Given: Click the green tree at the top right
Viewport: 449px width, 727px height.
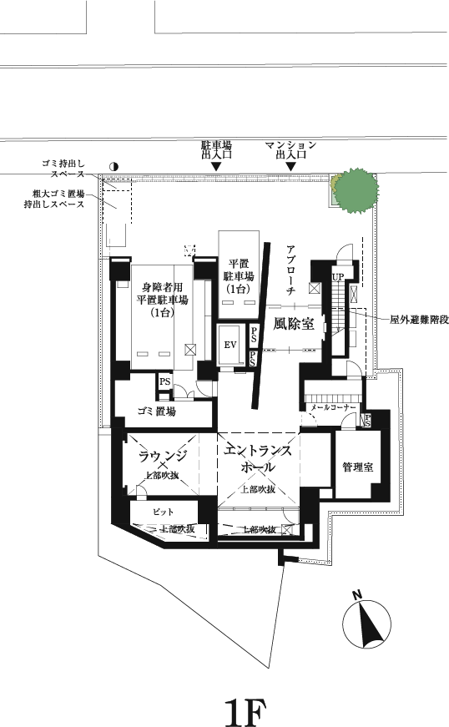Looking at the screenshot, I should point(356,190).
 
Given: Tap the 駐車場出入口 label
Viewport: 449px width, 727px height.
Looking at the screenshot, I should point(216,149).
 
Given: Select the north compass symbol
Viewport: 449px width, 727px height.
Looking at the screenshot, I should point(366,620).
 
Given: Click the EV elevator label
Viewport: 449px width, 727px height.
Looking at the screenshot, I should point(230,345).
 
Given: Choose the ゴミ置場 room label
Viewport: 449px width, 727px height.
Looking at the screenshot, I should point(156,411).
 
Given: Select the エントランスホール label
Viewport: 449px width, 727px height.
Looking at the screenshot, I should point(258,460).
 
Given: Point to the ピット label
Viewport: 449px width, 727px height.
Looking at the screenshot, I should point(161,510).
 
